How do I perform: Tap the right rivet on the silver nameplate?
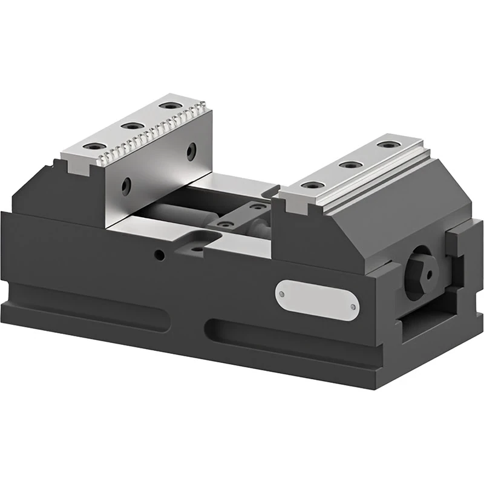353,307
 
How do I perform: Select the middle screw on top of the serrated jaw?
129,126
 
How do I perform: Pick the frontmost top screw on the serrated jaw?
92,147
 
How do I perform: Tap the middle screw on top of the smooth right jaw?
347,164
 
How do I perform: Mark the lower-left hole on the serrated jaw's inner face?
126,186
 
